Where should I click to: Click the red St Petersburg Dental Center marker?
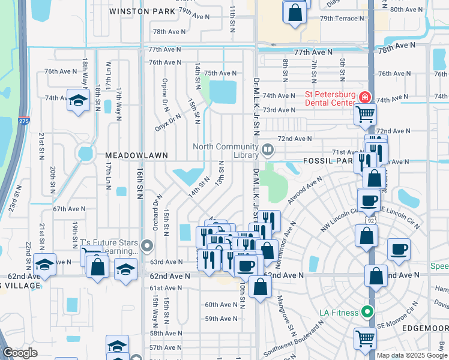(x=364, y=97)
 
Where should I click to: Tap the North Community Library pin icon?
(x=268, y=148)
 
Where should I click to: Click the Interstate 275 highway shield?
(x=23, y=120)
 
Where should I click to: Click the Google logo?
(x=20, y=353)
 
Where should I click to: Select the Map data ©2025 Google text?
(x=412, y=355)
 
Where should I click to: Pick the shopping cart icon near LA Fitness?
(x=364, y=337)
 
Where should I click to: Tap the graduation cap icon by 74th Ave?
(x=77, y=100)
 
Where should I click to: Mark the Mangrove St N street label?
(x=285, y=314)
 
